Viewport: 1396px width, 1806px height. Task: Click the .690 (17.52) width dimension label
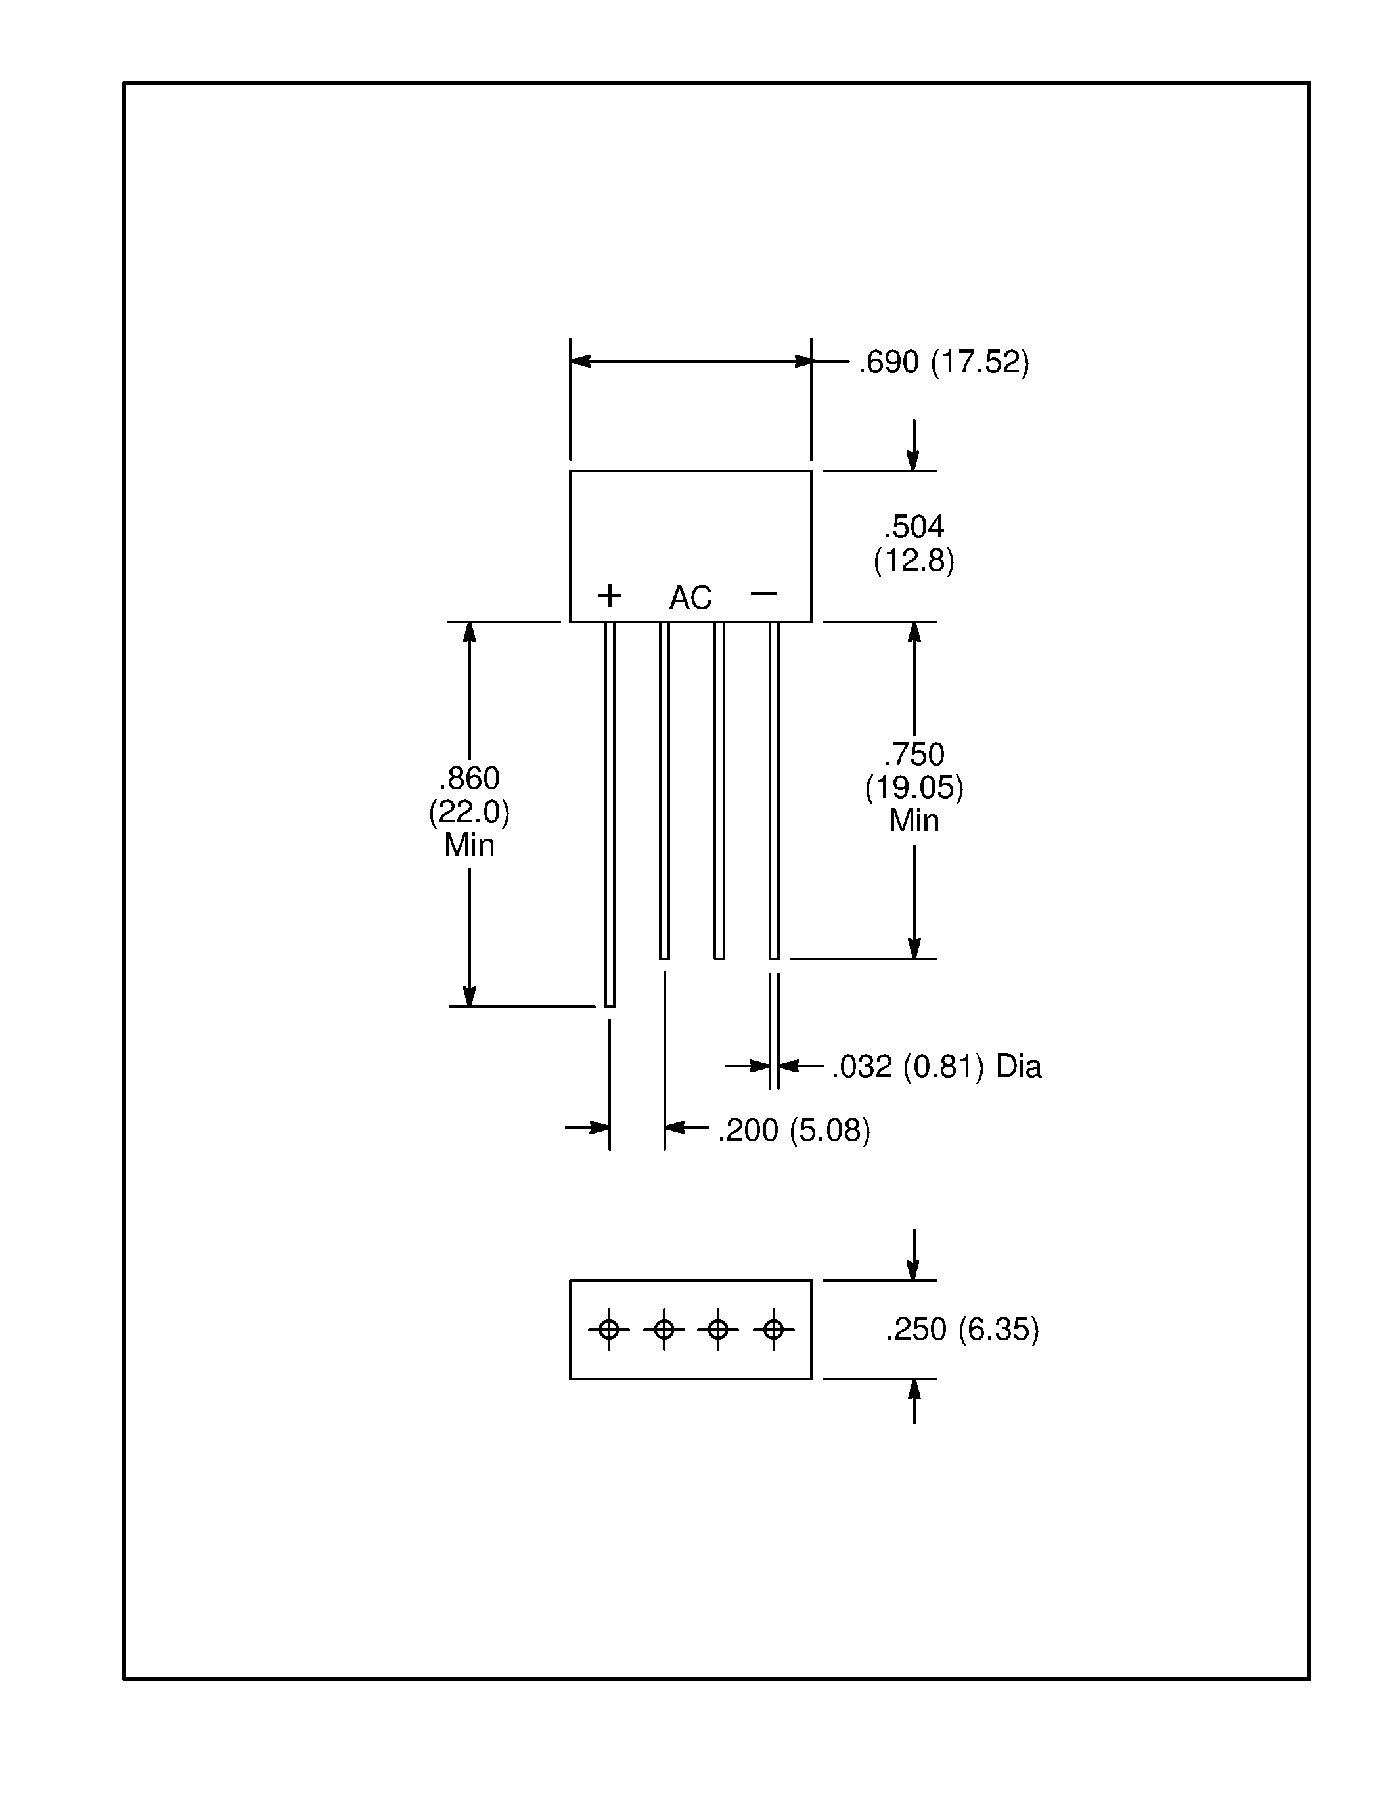pos(943,363)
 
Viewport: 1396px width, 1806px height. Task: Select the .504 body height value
pos(914,526)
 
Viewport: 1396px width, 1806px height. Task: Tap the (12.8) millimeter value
pos(914,561)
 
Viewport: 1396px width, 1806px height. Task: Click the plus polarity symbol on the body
pos(610,596)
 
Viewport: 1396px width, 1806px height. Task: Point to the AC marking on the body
pos(690,598)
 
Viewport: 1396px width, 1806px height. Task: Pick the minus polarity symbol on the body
pos(763,593)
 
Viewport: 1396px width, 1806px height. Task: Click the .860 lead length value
pos(469,778)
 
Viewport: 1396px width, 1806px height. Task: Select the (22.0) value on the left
pos(469,811)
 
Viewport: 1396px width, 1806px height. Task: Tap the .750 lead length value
pos(914,754)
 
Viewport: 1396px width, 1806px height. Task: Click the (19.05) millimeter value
pos(914,787)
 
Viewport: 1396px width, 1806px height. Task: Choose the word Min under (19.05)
pos(914,820)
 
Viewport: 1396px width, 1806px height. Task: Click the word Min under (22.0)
pos(469,845)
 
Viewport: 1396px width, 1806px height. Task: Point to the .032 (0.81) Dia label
pos(936,1067)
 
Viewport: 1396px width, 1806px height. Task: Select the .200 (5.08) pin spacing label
pos(794,1130)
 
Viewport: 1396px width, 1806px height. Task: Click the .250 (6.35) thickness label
pos(962,1329)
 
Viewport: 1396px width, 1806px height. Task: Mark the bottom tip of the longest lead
pos(610,1005)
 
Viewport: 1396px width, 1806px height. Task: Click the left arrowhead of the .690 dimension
pos(579,361)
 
